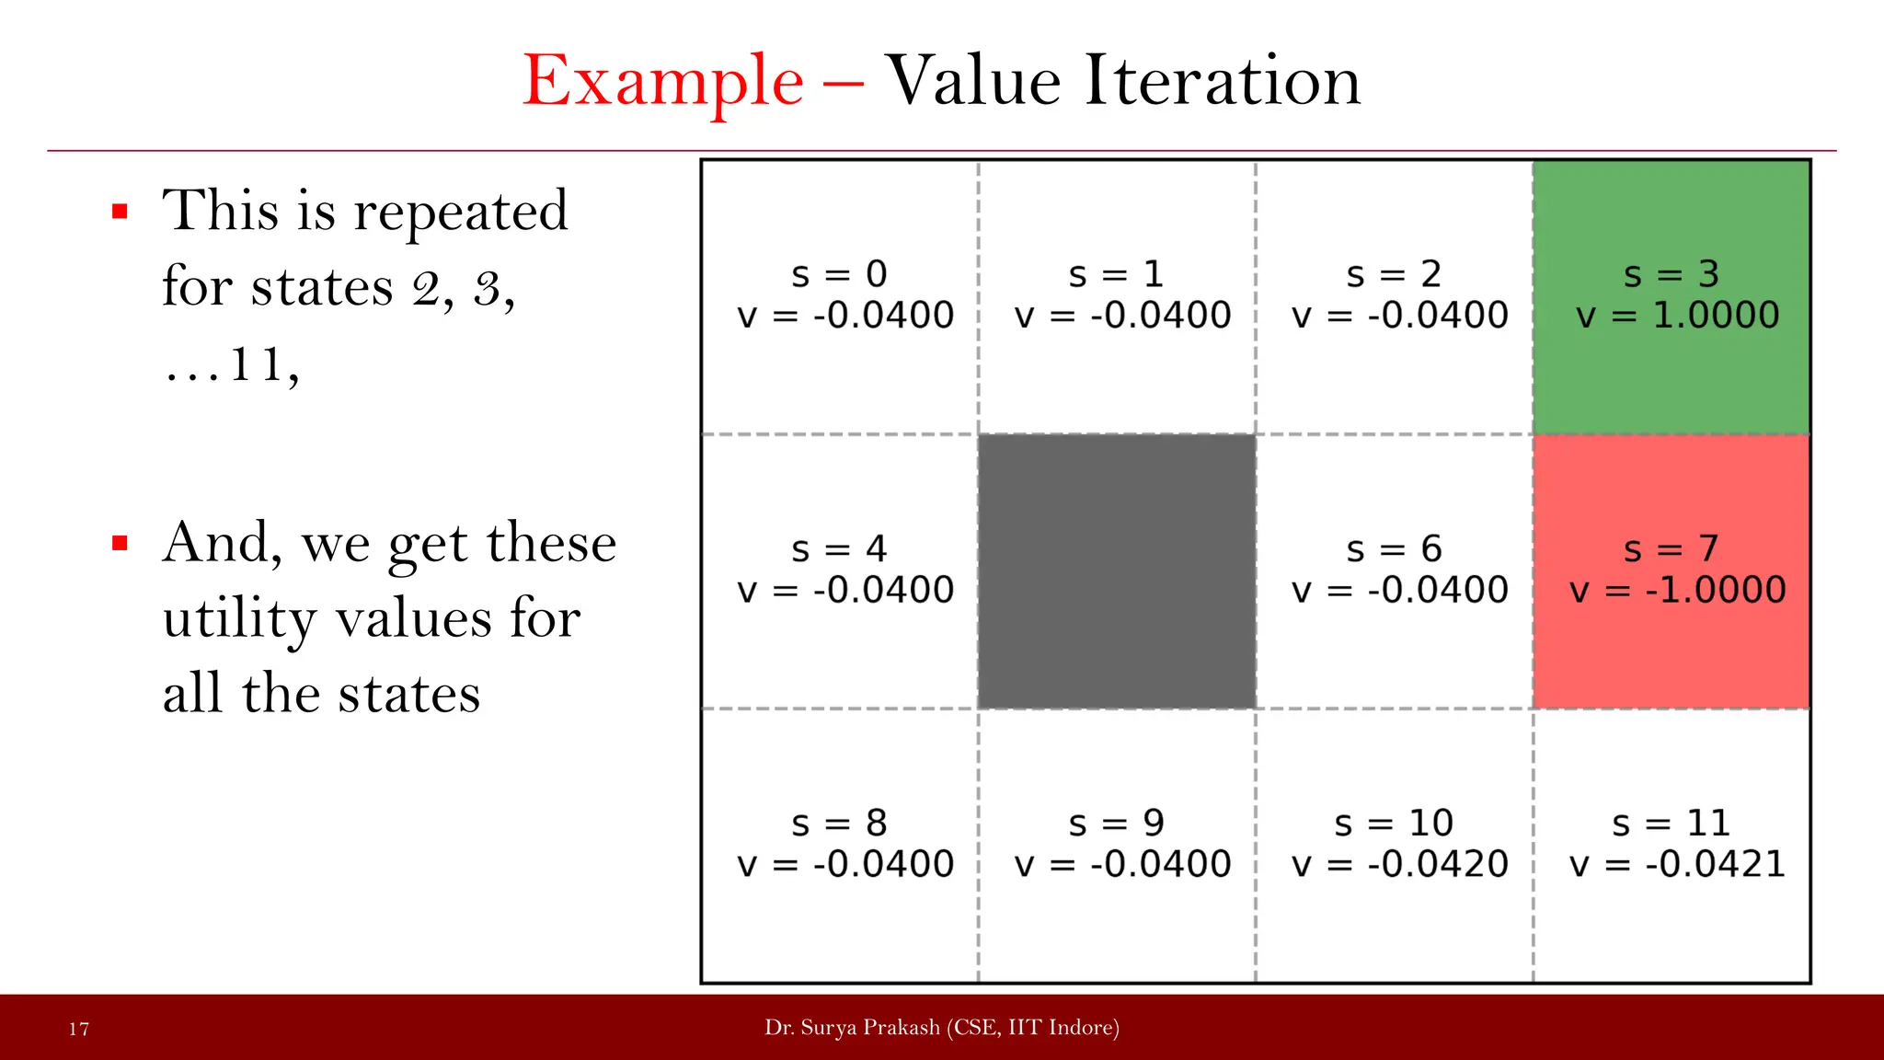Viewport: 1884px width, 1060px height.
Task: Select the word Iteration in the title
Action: (1222, 81)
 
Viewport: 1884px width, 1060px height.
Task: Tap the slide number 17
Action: (79, 1029)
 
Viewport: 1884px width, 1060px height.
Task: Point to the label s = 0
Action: (839, 274)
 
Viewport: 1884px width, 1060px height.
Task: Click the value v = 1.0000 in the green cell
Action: (1677, 316)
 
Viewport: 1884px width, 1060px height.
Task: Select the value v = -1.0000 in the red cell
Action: (1677, 590)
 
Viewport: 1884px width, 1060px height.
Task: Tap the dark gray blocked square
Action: (1117, 571)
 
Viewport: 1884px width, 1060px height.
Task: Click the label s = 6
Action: (1394, 549)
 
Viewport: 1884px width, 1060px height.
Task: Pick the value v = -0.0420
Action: (1399, 864)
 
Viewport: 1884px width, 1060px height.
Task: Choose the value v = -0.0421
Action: (1677, 864)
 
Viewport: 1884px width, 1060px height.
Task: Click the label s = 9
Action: (1116, 824)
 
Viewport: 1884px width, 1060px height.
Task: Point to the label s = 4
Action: (839, 549)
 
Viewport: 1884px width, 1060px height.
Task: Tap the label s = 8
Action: (839, 824)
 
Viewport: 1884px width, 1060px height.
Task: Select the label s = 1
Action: (1116, 274)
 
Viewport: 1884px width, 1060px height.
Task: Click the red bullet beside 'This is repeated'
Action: (120, 213)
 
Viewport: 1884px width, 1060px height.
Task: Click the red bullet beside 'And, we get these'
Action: (120, 544)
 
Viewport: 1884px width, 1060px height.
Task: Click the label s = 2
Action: (1394, 274)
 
